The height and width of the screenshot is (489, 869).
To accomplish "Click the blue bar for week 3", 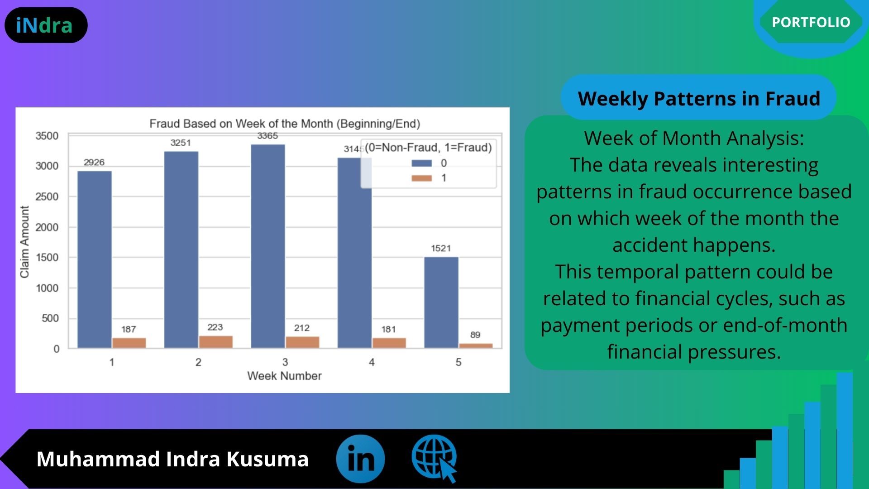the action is [x=268, y=246].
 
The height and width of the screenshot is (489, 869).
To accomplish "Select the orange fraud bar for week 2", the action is [x=216, y=342].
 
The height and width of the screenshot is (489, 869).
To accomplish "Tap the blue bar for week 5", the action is [x=441, y=302].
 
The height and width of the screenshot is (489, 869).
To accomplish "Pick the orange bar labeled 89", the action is [x=476, y=346].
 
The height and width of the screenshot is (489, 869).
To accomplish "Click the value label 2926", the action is [x=94, y=162].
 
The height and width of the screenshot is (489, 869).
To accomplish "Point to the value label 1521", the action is [x=441, y=248].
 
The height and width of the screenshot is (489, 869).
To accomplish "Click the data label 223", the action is [x=215, y=327].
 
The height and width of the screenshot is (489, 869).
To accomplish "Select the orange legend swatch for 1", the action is [x=422, y=178].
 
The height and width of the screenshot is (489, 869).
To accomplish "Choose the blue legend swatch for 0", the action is [x=422, y=163].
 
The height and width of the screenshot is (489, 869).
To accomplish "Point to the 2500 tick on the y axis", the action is [x=47, y=197].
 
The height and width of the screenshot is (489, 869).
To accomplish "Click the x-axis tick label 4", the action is [x=372, y=362].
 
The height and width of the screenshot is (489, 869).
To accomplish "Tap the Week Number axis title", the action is [x=284, y=376].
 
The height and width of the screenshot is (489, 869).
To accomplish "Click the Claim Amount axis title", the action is [x=24, y=242].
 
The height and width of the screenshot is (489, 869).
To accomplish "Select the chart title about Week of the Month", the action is [x=285, y=124].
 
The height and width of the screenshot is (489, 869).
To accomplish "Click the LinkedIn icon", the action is [x=360, y=459].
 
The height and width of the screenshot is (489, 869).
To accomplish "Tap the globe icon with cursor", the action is [x=434, y=458].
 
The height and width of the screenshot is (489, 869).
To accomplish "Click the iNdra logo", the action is [x=46, y=25].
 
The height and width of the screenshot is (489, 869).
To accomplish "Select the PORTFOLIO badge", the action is [x=811, y=22].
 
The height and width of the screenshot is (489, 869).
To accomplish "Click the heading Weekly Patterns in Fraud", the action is [x=699, y=98].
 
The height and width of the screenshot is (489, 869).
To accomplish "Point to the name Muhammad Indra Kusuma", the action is [x=172, y=459].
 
